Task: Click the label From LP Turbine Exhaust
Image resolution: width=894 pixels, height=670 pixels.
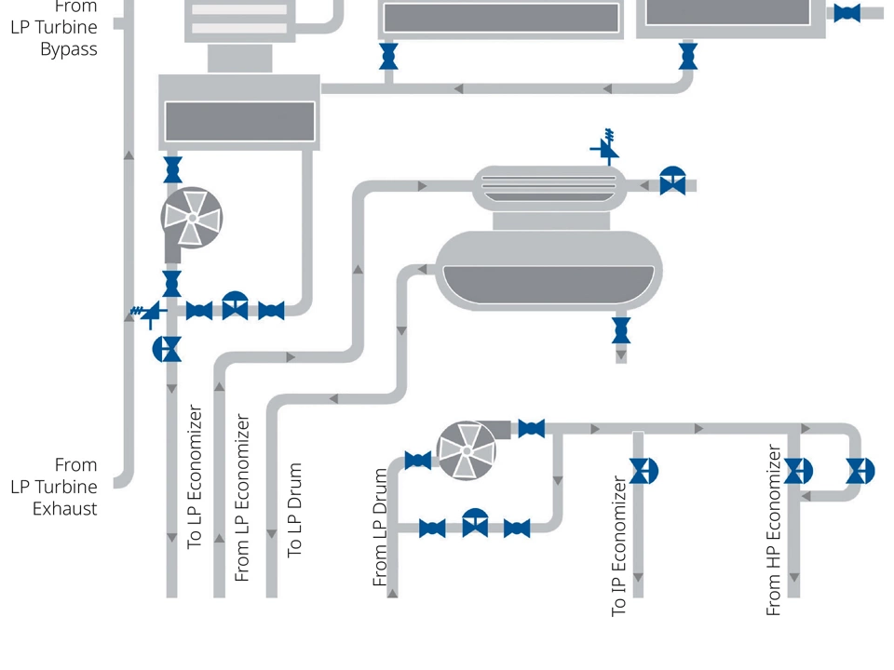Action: [x=64, y=486]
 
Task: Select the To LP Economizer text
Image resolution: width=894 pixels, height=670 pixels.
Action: [x=195, y=476]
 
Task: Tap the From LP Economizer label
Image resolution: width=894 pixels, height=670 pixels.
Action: [x=242, y=498]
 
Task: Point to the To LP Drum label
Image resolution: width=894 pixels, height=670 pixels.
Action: [x=294, y=510]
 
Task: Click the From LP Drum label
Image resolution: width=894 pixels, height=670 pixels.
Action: [x=380, y=527]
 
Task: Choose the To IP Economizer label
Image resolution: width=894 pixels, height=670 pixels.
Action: [x=618, y=546]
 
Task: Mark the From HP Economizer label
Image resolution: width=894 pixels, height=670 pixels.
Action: [x=773, y=529]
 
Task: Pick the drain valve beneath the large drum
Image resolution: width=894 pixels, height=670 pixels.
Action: [x=621, y=330]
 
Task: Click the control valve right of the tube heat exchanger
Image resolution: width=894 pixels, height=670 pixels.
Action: [x=672, y=181]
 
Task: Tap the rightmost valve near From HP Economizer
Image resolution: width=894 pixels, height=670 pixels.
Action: [x=859, y=471]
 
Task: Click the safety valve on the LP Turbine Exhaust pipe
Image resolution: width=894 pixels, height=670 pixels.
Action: [x=149, y=315]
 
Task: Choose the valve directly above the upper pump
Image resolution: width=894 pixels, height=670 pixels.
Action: [x=172, y=170]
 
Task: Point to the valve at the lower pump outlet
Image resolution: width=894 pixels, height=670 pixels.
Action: [x=531, y=429]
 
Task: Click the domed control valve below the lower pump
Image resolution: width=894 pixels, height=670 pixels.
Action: [x=475, y=524]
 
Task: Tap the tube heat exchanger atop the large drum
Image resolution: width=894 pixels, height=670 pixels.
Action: [x=546, y=184]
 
